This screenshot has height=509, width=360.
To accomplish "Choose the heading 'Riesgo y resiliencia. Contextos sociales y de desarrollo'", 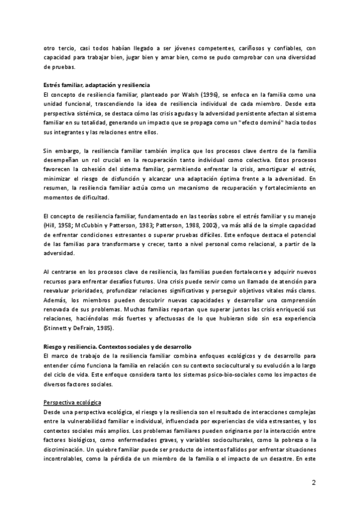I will click(x=117, y=346).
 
